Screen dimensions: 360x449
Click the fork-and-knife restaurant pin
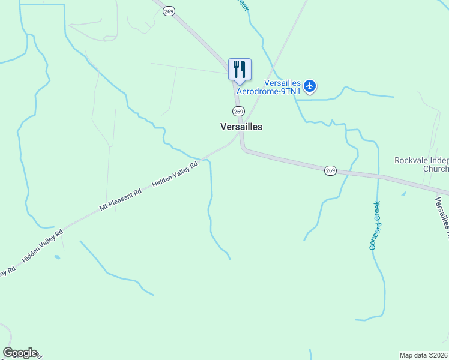240,69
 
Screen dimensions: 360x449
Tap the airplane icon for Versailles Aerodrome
310,86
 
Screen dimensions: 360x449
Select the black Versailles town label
241,127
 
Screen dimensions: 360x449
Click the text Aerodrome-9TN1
268,92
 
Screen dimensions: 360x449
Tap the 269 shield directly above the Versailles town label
238,111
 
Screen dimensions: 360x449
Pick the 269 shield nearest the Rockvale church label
330,170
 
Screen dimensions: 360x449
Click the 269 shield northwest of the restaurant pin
169,11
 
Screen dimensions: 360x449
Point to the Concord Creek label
376,225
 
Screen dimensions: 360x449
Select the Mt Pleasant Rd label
121,200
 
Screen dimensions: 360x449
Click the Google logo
20,353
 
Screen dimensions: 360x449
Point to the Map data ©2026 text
424,355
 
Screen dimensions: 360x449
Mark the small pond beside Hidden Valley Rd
57,257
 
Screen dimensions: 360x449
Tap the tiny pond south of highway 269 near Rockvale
403,194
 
